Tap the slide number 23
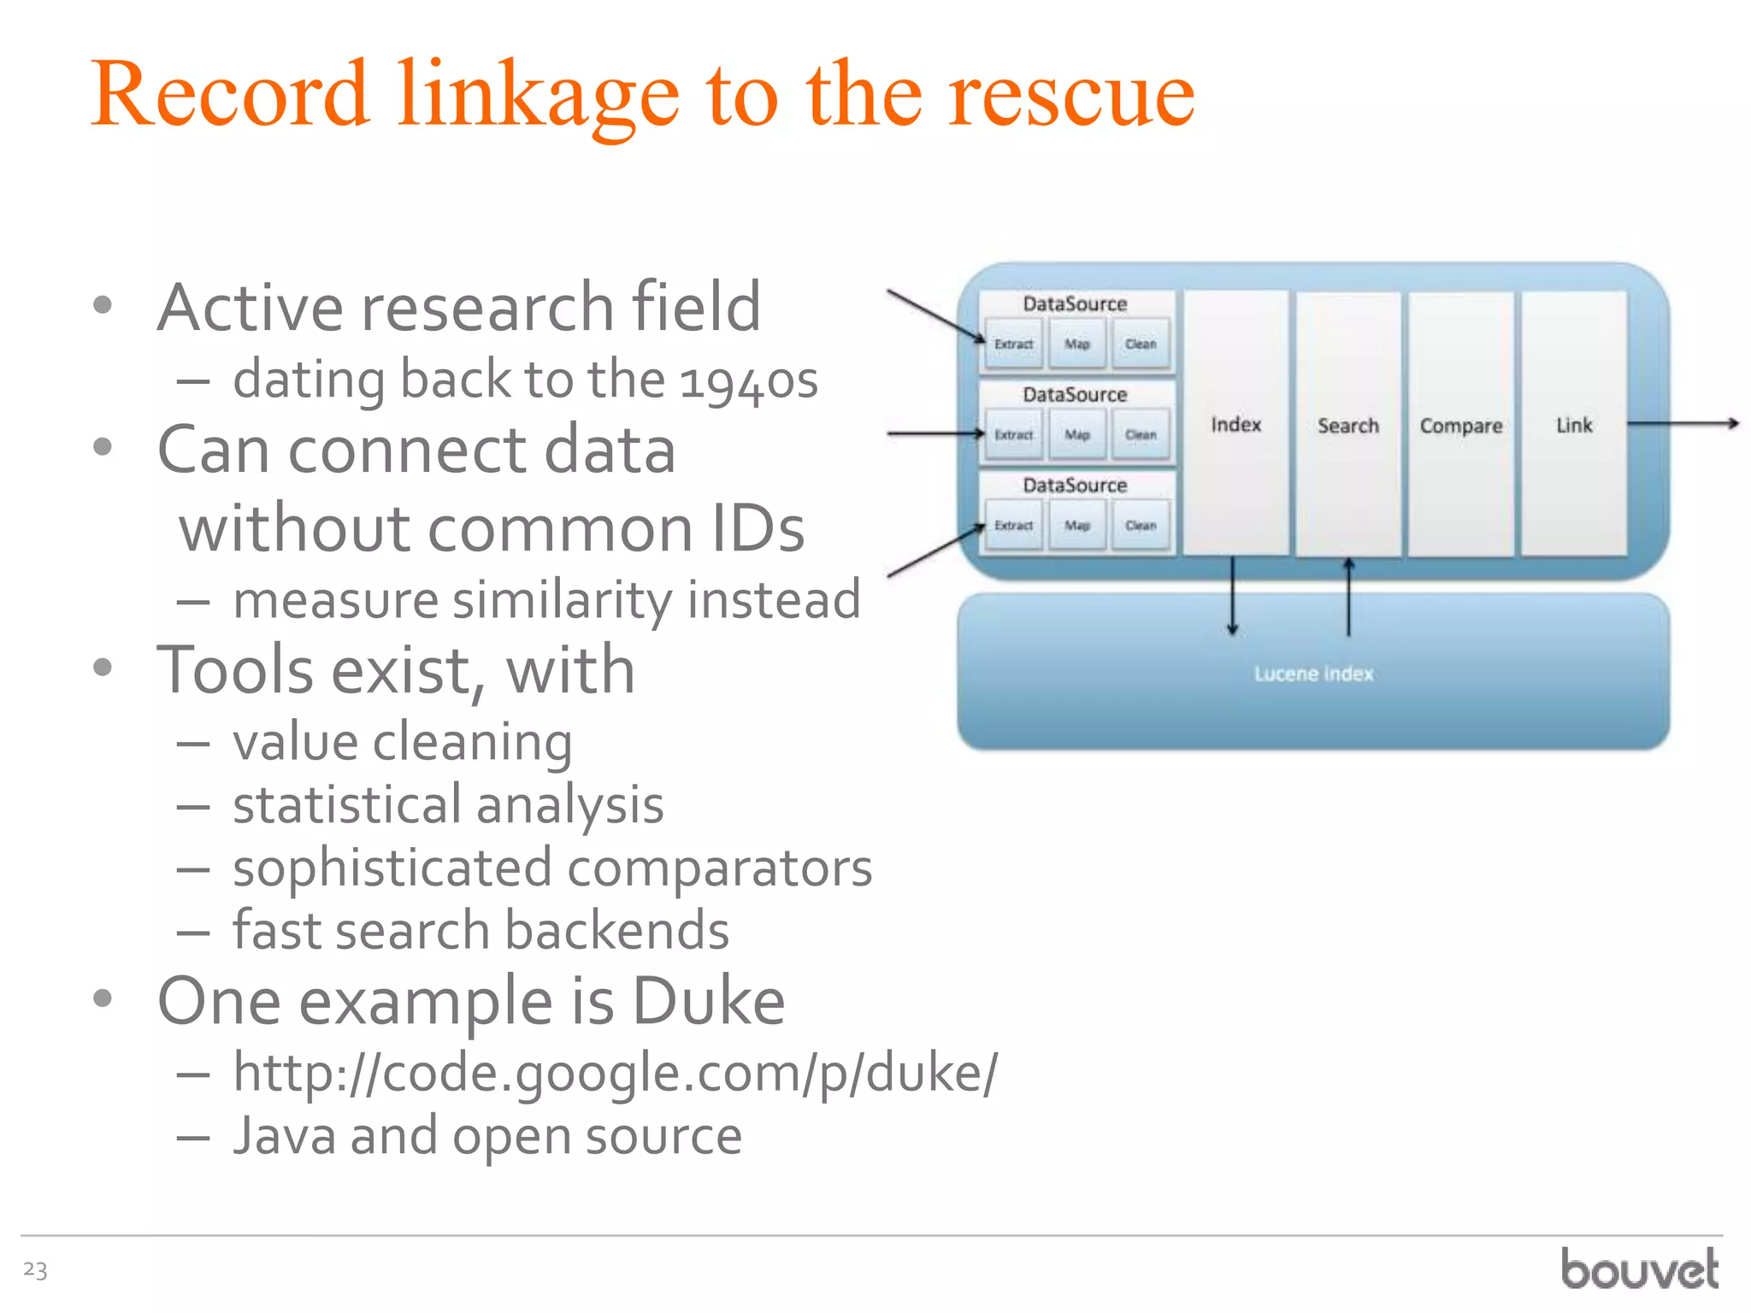pyautogui.click(x=35, y=1269)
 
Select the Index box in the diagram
pyautogui.click(x=1235, y=424)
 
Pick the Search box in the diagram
pyautogui.click(x=1347, y=425)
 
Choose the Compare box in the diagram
pyautogui.click(x=1460, y=425)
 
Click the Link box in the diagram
pyautogui.click(x=1573, y=425)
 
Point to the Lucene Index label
pyautogui.click(x=1313, y=674)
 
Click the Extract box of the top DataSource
pyautogui.click(x=1014, y=344)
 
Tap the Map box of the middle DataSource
pyautogui.click(x=1077, y=434)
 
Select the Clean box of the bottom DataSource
pyautogui.click(x=1141, y=525)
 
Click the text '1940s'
pyautogui.click(x=749, y=380)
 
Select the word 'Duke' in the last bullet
pyautogui.click(x=708, y=1001)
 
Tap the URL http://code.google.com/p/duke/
pyautogui.click(x=615, y=1073)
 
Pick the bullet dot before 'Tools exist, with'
pyautogui.click(x=103, y=668)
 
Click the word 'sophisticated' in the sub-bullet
pyautogui.click(x=392, y=868)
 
